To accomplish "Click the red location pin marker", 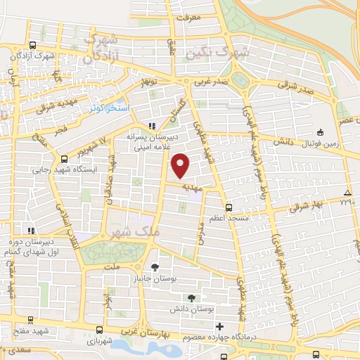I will point(181,165).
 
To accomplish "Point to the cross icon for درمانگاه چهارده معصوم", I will point(220,327).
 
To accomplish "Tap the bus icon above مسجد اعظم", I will point(229,207).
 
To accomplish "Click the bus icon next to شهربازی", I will point(98,329).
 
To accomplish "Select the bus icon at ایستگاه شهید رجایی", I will point(64,159).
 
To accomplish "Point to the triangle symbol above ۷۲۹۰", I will point(347,192).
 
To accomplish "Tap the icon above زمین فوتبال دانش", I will point(320,131).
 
